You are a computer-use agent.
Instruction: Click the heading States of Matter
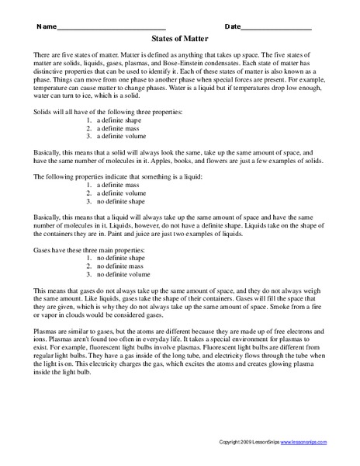point(179,46)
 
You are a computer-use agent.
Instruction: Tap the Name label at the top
point(46,27)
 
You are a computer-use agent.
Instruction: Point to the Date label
point(233,27)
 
